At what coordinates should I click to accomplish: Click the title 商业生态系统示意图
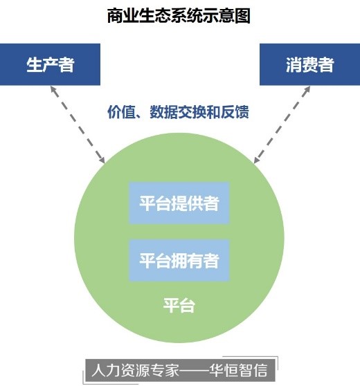pyautogui.click(x=179, y=15)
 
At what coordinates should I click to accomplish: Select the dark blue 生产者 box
pyautogui.click(x=50, y=64)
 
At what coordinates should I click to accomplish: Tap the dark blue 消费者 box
pyautogui.click(x=309, y=64)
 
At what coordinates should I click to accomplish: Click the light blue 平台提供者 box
pyautogui.click(x=179, y=203)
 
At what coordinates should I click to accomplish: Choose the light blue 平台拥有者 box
pyautogui.click(x=179, y=260)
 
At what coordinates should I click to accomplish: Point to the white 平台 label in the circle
pyautogui.click(x=179, y=305)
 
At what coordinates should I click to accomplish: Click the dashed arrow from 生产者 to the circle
pyautogui.click(x=78, y=125)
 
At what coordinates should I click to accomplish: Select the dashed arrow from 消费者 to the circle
pyautogui.click(x=282, y=125)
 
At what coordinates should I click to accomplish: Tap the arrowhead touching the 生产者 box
pyautogui.click(x=53, y=89)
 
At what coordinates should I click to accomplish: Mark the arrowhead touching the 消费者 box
pyautogui.click(x=307, y=89)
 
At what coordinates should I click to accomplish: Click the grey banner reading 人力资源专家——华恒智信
pyautogui.click(x=180, y=370)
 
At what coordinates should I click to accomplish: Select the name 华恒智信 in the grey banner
pyautogui.click(x=239, y=370)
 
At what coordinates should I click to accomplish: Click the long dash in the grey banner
pyautogui.click(x=195, y=370)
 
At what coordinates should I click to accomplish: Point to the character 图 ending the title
pyautogui.click(x=242, y=15)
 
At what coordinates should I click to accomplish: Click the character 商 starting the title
pyautogui.click(x=115, y=15)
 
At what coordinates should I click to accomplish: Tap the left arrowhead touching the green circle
pyautogui.click(x=102, y=160)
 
